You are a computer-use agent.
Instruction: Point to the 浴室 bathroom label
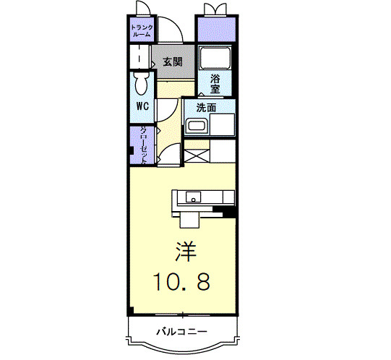pyautogui.click(x=215, y=84)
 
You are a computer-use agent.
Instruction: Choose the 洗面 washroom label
pyautogui.click(x=207, y=107)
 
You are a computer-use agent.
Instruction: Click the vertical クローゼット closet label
pyautogui.click(x=143, y=145)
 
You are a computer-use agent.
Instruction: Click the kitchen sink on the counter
pyautogui.click(x=193, y=197)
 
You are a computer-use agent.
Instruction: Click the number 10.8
pyautogui.click(x=181, y=282)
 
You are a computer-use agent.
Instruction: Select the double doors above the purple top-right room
pyautogui.click(x=215, y=9)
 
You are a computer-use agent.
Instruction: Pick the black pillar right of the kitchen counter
pyautogui.click(x=229, y=212)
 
